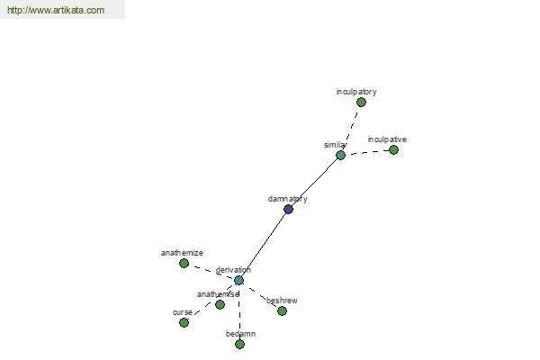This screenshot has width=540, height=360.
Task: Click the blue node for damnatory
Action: pyautogui.click(x=288, y=209)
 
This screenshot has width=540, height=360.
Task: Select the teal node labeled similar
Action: pyautogui.click(x=340, y=156)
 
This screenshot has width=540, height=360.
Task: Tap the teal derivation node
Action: pyautogui.click(x=238, y=281)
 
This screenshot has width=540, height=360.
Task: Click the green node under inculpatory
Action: pyautogui.click(x=361, y=103)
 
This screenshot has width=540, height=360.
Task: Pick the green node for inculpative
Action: pyautogui.click(x=393, y=150)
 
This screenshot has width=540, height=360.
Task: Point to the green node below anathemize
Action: pyautogui.click(x=184, y=264)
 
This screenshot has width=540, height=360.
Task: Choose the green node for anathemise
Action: pyautogui.click(x=220, y=304)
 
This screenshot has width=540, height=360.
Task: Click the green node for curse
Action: pyautogui.click(x=184, y=323)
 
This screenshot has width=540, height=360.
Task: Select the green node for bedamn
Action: pyautogui.click(x=239, y=344)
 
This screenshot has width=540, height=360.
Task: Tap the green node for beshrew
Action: pyautogui.click(x=282, y=311)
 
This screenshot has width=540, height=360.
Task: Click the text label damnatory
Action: pyautogui.click(x=288, y=199)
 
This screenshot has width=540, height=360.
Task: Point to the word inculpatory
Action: pyautogui.click(x=356, y=92)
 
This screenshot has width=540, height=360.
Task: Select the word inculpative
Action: pyautogui.click(x=387, y=139)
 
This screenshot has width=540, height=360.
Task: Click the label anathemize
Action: pyautogui.click(x=182, y=253)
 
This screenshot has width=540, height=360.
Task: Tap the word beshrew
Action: pyautogui.click(x=282, y=301)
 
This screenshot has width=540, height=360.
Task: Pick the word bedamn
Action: pyautogui.click(x=240, y=334)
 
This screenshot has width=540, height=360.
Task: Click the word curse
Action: pyautogui.click(x=183, y=312)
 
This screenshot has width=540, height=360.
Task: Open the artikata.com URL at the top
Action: pyautogui.click(x=56, y=10)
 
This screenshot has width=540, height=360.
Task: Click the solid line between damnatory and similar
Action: pyautogui.click(x=314, y=182)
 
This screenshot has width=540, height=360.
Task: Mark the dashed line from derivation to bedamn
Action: pyautogui.click(x=239, y=312)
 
